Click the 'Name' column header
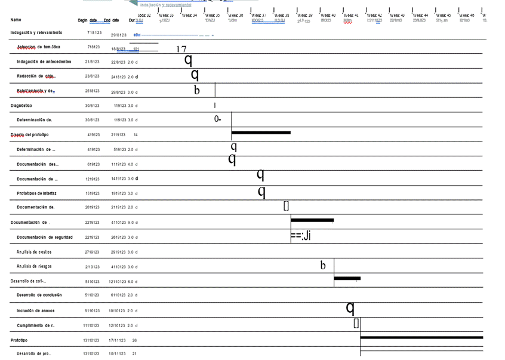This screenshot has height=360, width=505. [x=16, y=20]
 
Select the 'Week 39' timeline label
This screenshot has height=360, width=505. [x=305, y=16]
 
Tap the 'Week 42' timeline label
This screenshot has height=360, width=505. [x=374, y=16]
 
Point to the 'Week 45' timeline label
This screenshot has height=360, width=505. [x=443, y=16]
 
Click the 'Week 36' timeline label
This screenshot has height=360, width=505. [x=236, y=16]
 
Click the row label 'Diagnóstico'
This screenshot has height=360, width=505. [x=21, y=106]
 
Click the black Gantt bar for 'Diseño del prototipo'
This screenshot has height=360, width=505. [x=261, y=133]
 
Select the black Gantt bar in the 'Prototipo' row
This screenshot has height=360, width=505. [x=421, y=338]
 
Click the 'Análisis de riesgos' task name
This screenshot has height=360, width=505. [x=34, y=266]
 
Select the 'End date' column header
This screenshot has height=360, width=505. [x=111, y=20]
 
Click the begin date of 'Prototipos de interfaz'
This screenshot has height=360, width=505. [x=92, y=193]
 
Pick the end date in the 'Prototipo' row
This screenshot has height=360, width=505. [x=117, y=340]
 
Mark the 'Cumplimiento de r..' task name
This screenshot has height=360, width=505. [x=44, y=325]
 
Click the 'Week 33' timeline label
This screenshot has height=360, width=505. [x=166, y=16]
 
